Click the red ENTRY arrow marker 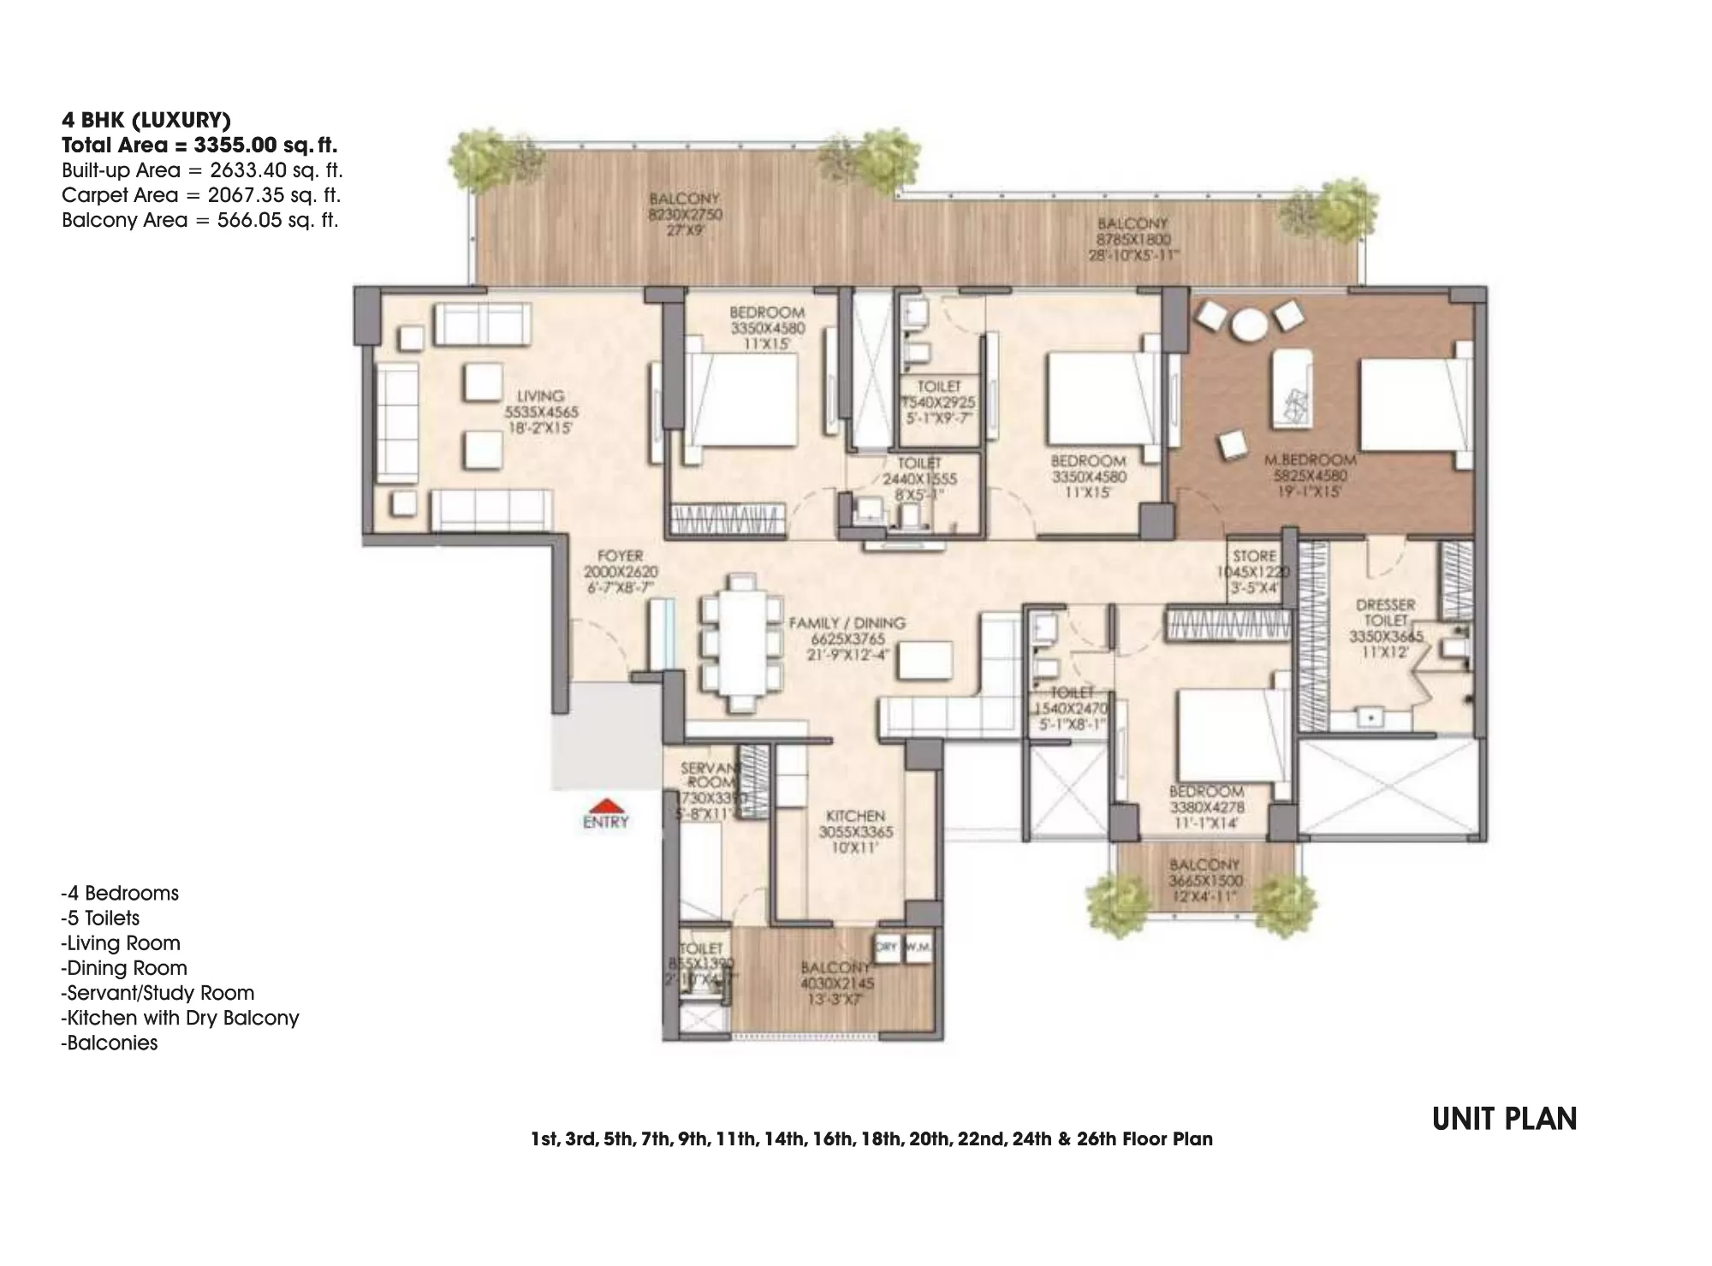(x=606, y=805)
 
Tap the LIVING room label (x=540, y=396)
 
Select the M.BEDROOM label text (x=1310, y=461)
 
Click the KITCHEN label (x=856, y=816)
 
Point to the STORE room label (x=1254, y=556)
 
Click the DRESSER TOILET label (x=1386, y=612)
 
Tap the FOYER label (x=620, y=556)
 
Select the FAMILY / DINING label (x=847, y=623)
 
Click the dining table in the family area (x=741, y=644)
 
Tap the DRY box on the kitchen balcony (x=886, y=948)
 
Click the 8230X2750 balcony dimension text (x=685, y=215)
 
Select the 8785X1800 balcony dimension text (x=1133, y=241)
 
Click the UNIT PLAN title (x=1504, y=1119)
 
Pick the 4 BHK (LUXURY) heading (x=146, y=120)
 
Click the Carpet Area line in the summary (x=201, y=195)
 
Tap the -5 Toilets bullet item (x=100, y=918)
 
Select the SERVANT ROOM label (x=710, y=776)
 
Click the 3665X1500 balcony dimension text (x=1205, y=881)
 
